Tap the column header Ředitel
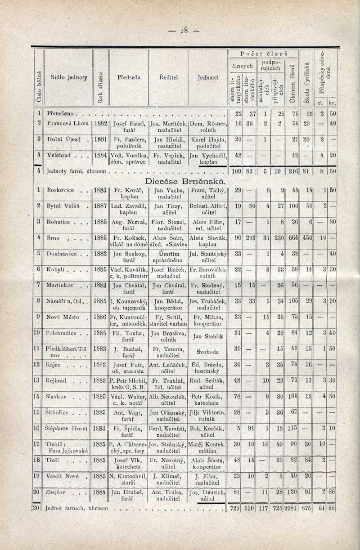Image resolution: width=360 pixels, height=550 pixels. click(x=168, y=77)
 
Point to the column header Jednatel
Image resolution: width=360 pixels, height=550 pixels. click(x=207, y=77)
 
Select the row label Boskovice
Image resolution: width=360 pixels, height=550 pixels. click(x=59, y=191)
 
